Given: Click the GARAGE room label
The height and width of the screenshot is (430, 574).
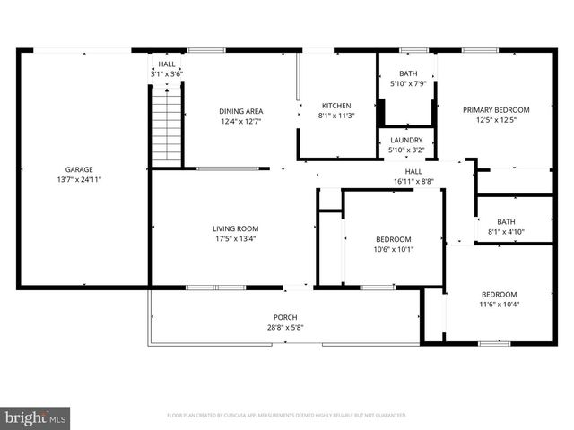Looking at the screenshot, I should click(x=79, y=169).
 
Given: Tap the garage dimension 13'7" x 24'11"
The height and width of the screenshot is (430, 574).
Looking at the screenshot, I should click(x=79, y=179).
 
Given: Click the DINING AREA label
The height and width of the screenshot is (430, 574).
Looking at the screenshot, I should click(x=241, y=111).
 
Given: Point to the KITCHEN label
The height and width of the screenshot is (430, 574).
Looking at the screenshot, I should click(x=336, y=105).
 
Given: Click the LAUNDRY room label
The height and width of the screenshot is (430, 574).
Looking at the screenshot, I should click(x=406, y=140).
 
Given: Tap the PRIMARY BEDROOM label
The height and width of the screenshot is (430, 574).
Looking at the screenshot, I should click(x=496, y=110).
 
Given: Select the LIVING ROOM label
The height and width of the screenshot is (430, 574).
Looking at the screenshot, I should click(x=236, y=228).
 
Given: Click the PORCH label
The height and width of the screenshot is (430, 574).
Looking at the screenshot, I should click(x=285, y=318).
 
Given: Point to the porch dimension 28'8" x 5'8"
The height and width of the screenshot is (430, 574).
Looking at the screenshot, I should click(x=285, y=328).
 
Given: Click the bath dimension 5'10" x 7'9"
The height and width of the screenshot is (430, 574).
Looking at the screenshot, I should click(x=408, y=83).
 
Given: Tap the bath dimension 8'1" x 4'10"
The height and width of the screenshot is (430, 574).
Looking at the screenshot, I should click(x=507, y=232).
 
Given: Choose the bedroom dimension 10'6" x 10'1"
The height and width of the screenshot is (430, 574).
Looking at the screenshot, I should click(x=394, y=249).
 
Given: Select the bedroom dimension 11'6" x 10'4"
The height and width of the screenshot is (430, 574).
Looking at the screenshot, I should click(x=499, y=305).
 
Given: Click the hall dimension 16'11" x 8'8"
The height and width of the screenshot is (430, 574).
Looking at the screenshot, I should click(x=413, y=181).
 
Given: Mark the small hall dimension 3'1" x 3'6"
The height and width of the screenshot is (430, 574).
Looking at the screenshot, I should click(x=167, y=74).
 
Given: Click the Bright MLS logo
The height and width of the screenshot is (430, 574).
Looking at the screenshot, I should click(x=36, y=417).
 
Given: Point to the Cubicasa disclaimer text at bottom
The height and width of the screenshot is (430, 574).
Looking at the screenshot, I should click(x=287, y=416).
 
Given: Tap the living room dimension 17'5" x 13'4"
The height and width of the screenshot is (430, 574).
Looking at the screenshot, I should click(x=236, y=238).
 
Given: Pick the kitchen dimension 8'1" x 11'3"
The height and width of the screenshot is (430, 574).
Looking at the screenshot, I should click(x=336, y=115).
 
